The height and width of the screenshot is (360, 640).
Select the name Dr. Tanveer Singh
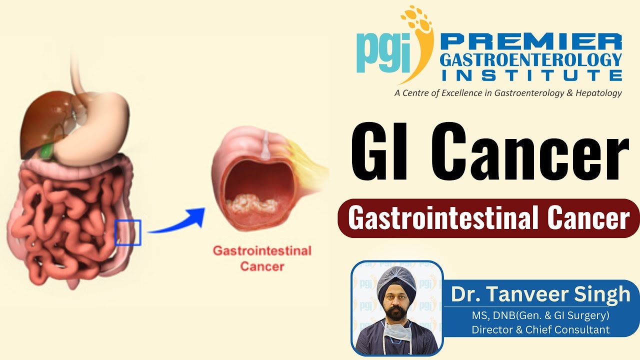pos(540,294)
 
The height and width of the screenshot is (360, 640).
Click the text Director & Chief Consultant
pos(540,329)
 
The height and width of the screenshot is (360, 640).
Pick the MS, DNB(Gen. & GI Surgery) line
pos(540,316)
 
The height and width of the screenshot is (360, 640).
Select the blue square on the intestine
pos(127,232)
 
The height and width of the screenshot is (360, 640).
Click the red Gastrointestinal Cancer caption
pos(262,258)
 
